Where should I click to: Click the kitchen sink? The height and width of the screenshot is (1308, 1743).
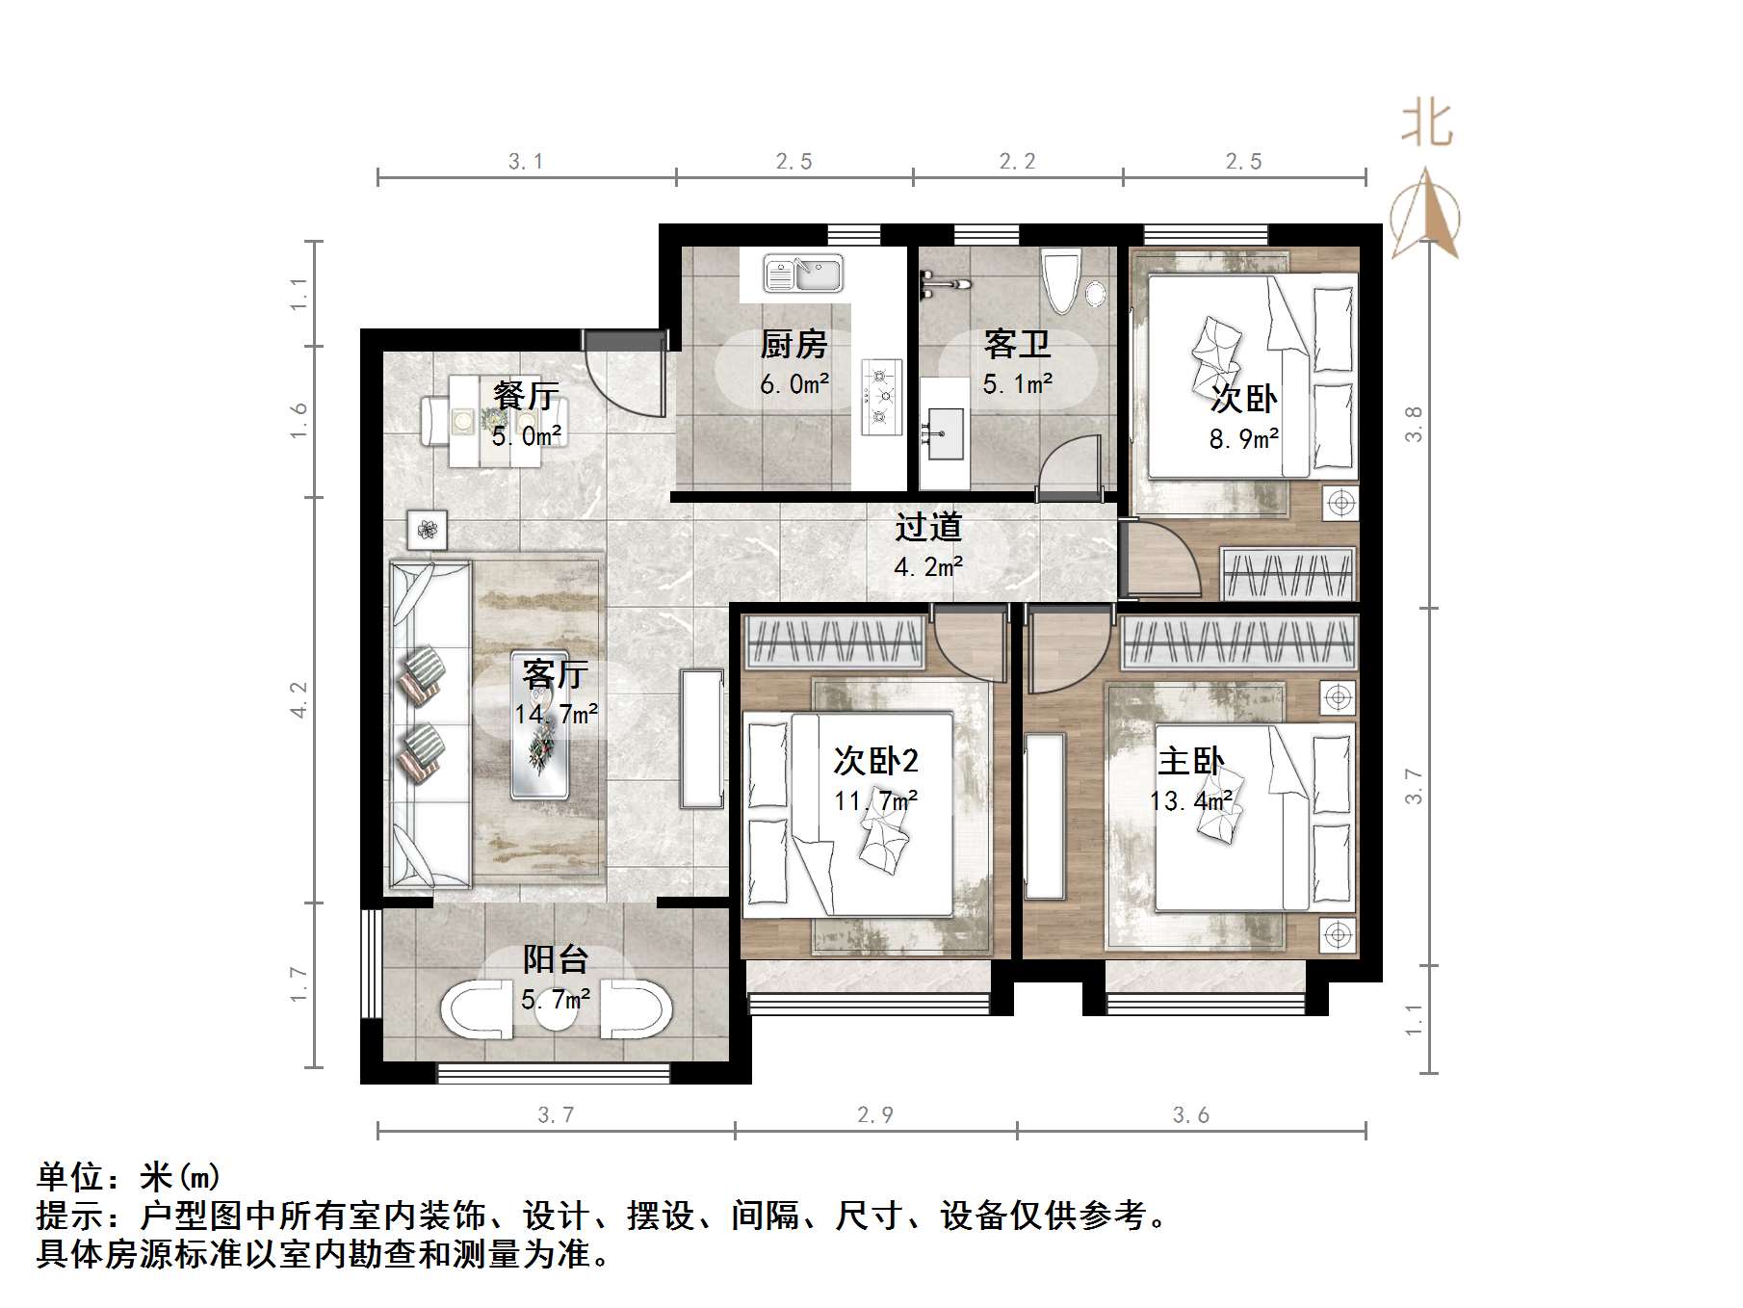pos(802,274)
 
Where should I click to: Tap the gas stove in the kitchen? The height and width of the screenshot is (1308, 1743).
pos(880,393)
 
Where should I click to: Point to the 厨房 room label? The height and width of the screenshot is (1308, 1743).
pos(793,344)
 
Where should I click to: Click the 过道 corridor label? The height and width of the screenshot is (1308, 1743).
pos(928,527)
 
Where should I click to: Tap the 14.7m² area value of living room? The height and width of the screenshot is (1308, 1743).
pos(556,715)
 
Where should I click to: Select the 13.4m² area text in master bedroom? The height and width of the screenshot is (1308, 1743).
pos(1190,801)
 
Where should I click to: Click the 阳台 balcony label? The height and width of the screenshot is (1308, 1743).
pos(556,959)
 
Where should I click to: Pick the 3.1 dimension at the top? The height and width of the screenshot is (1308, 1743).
pos(526,162)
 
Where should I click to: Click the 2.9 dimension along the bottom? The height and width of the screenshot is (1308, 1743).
pos(874,1115)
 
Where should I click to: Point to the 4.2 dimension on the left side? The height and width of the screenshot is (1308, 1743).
pos(299,699)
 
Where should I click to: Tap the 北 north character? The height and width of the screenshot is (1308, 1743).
pos(1426,125)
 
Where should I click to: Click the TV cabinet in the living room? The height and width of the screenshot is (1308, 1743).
pos(702,739)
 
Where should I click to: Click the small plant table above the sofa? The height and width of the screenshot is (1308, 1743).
pos(427,529)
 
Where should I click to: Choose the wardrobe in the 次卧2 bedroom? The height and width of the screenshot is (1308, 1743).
pos(836,641)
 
